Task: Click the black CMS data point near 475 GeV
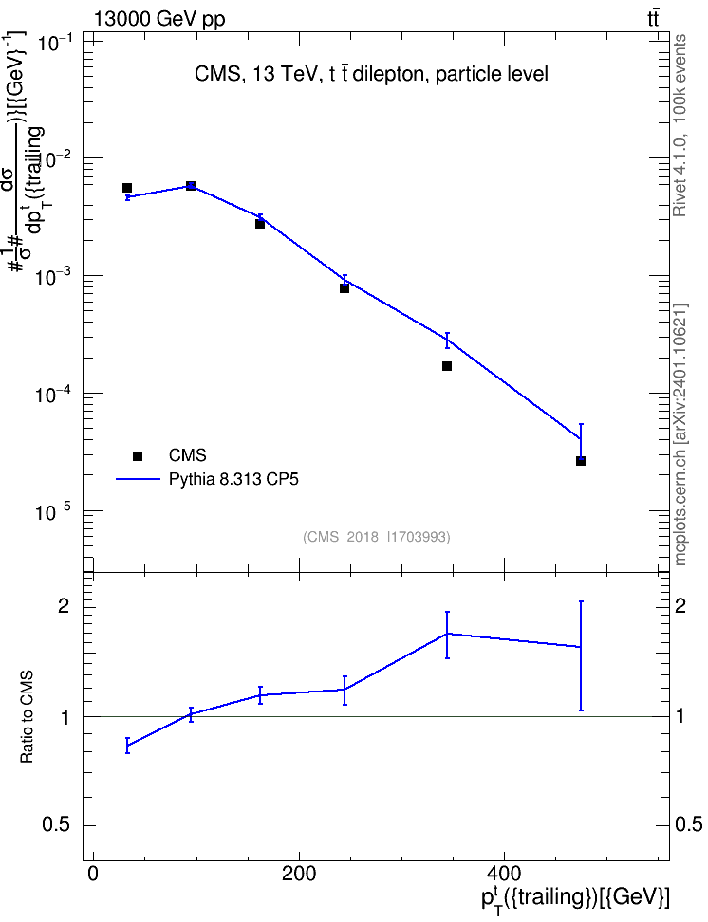point(580,461)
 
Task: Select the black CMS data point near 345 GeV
point(447,366)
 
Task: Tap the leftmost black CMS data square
point(127,188)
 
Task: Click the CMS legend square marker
point(138,455)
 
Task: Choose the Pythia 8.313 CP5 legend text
point(233,479)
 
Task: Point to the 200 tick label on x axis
point(298,873)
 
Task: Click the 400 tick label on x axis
point(504,873)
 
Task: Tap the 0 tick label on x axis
point(93,873)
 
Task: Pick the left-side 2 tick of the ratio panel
point(64,607)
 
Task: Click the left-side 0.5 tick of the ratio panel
point(56,825)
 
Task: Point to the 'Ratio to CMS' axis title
point(27,717)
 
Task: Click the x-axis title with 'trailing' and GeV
point(575,899)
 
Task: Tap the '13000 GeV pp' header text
point(159,19)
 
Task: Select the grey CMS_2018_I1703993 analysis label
point(377,537)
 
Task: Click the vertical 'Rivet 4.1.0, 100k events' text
point(680,125)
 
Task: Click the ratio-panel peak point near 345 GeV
point(447,634)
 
